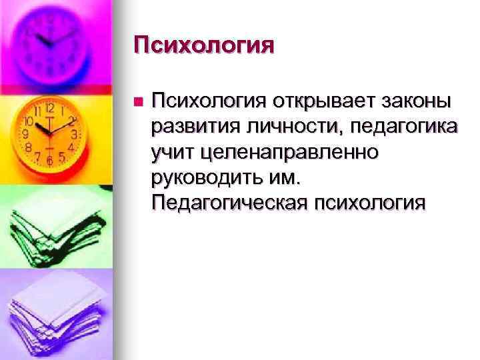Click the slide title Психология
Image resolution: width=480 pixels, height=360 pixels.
pos(203,45)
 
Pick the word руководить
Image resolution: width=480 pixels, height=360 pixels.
pos(208,177)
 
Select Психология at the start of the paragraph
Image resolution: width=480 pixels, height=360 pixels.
pos(207,101)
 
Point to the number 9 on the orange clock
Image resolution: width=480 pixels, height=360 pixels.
pos(25,134)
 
